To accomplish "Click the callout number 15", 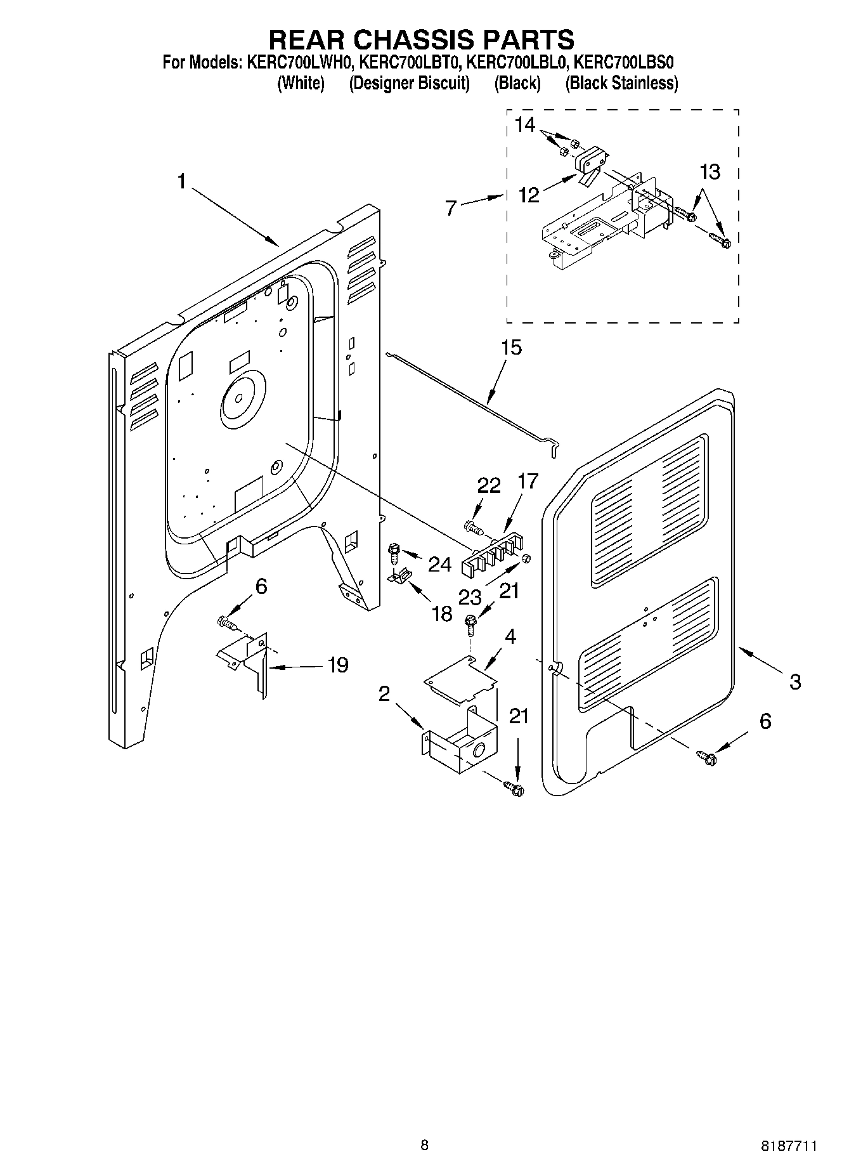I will click(511, 348).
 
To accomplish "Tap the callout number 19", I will click(338, 665).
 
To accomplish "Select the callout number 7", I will click(451, 207).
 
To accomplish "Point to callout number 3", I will click(794, 682).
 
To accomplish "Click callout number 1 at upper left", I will click(182, 183).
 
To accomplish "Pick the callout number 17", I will click(528, 482).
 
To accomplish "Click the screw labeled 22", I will click(472, 527).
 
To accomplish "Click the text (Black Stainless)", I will click(622, 83).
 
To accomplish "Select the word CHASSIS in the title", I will click(421, 39).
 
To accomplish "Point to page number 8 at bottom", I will click(424, 1145).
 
